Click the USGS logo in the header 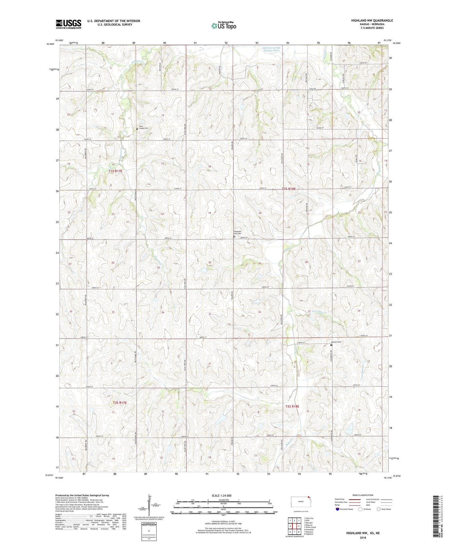coord(69,24)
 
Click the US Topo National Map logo coord(224,25)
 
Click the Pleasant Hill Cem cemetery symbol coord(234,236)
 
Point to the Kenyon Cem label coord(337,342)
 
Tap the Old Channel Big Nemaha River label coord(271,49)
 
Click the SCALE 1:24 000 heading coord(223,495)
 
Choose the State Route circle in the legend coord(379,509)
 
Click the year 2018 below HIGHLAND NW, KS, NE coord(363,537)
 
